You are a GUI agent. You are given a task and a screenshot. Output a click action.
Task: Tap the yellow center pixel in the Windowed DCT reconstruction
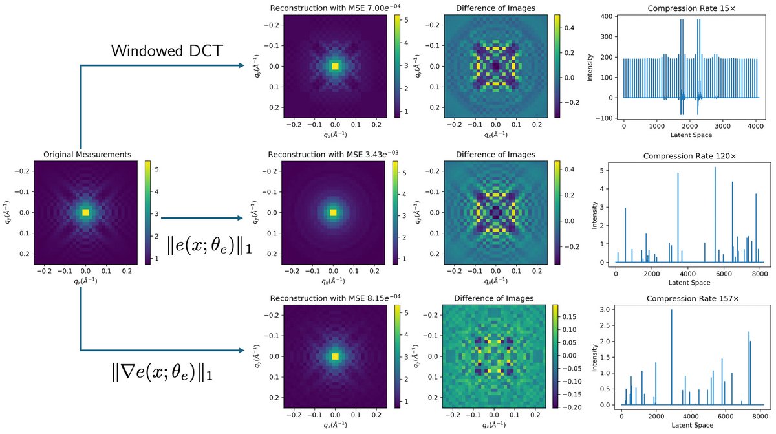(335, 66)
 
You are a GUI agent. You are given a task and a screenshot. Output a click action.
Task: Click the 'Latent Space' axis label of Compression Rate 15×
(690, 136)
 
